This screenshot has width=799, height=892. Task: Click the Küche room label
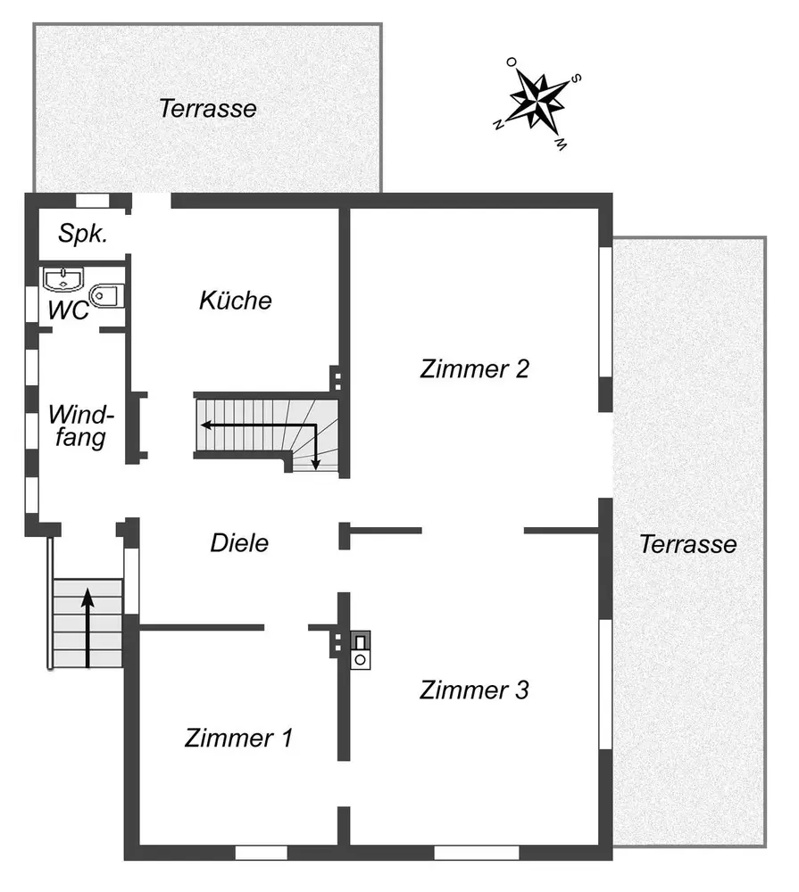235,301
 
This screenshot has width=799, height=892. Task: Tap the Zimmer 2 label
474,368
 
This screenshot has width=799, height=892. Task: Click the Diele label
239,542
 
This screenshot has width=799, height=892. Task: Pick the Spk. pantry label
83,235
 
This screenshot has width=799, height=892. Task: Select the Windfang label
81,425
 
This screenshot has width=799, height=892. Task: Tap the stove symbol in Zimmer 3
361,649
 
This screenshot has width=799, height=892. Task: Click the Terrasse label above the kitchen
207,109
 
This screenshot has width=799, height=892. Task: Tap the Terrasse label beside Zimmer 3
687,544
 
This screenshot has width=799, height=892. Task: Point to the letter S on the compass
578,78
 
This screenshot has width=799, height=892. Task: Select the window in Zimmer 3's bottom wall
463,853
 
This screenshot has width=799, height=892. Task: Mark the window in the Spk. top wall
91,201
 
